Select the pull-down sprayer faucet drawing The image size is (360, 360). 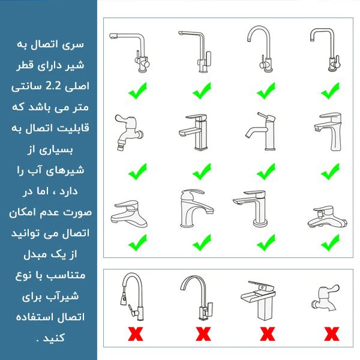click(130, 296)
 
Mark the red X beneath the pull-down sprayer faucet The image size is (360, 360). click(136, 333)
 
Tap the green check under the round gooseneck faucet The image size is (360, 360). click(266, 92)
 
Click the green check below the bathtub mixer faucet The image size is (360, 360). click(331, 243)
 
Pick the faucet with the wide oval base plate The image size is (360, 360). click(129, 213)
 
